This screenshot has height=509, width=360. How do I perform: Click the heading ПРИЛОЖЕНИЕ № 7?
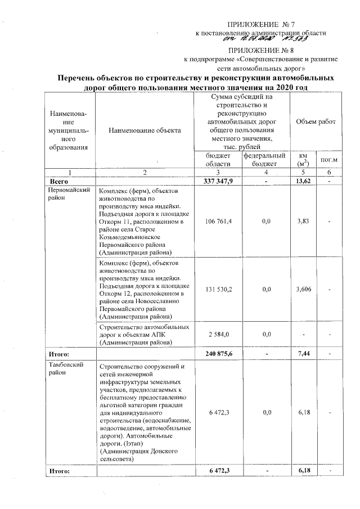click(260, 25)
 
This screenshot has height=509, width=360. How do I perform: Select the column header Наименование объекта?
click(145, 130)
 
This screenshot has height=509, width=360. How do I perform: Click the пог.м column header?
click(328, 159)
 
